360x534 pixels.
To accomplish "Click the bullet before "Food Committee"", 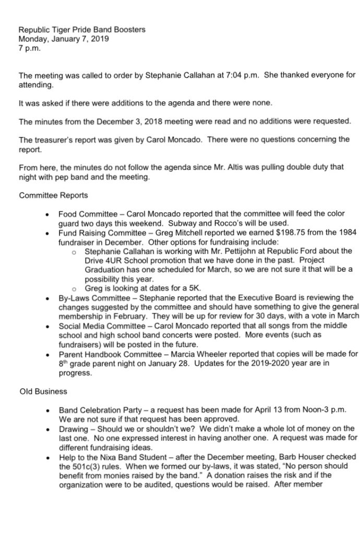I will (47, 214).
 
